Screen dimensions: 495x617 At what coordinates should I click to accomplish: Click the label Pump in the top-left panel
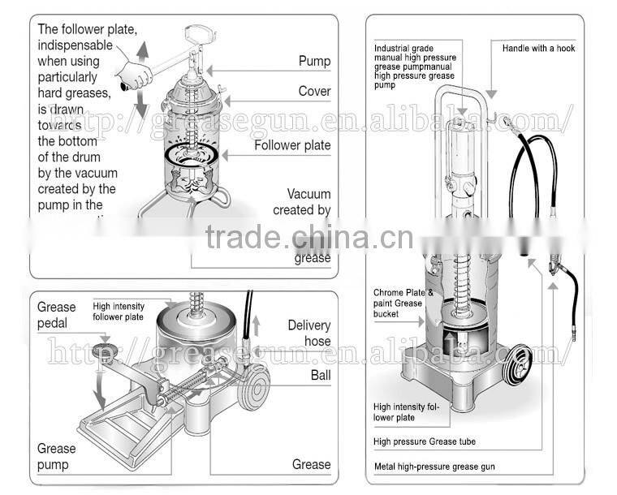click(314, 61)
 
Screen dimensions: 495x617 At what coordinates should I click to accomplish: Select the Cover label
click(314, 91)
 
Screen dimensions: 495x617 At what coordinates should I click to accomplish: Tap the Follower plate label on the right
click(292, 145)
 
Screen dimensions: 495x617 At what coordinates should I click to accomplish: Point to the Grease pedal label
click(56, 315)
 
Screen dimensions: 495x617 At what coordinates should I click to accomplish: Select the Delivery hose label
click(308, 333)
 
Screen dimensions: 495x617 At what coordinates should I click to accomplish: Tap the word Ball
click(320, 375)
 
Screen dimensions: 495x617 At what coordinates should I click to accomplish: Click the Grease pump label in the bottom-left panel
click(56, 456)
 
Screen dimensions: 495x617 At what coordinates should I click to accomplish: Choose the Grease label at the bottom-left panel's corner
click(311, 464)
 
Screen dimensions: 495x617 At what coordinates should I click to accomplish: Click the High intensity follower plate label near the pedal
click(118, 311)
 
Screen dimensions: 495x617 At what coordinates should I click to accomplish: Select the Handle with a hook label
click(538, 49)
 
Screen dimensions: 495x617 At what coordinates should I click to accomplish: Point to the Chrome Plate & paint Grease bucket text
click(409, 303)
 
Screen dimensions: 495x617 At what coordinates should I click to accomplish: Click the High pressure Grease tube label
click(425, 441)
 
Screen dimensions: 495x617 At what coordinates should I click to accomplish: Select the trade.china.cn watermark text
click(297, 237)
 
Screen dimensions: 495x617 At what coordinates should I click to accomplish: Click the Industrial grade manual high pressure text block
click(414, 67)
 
